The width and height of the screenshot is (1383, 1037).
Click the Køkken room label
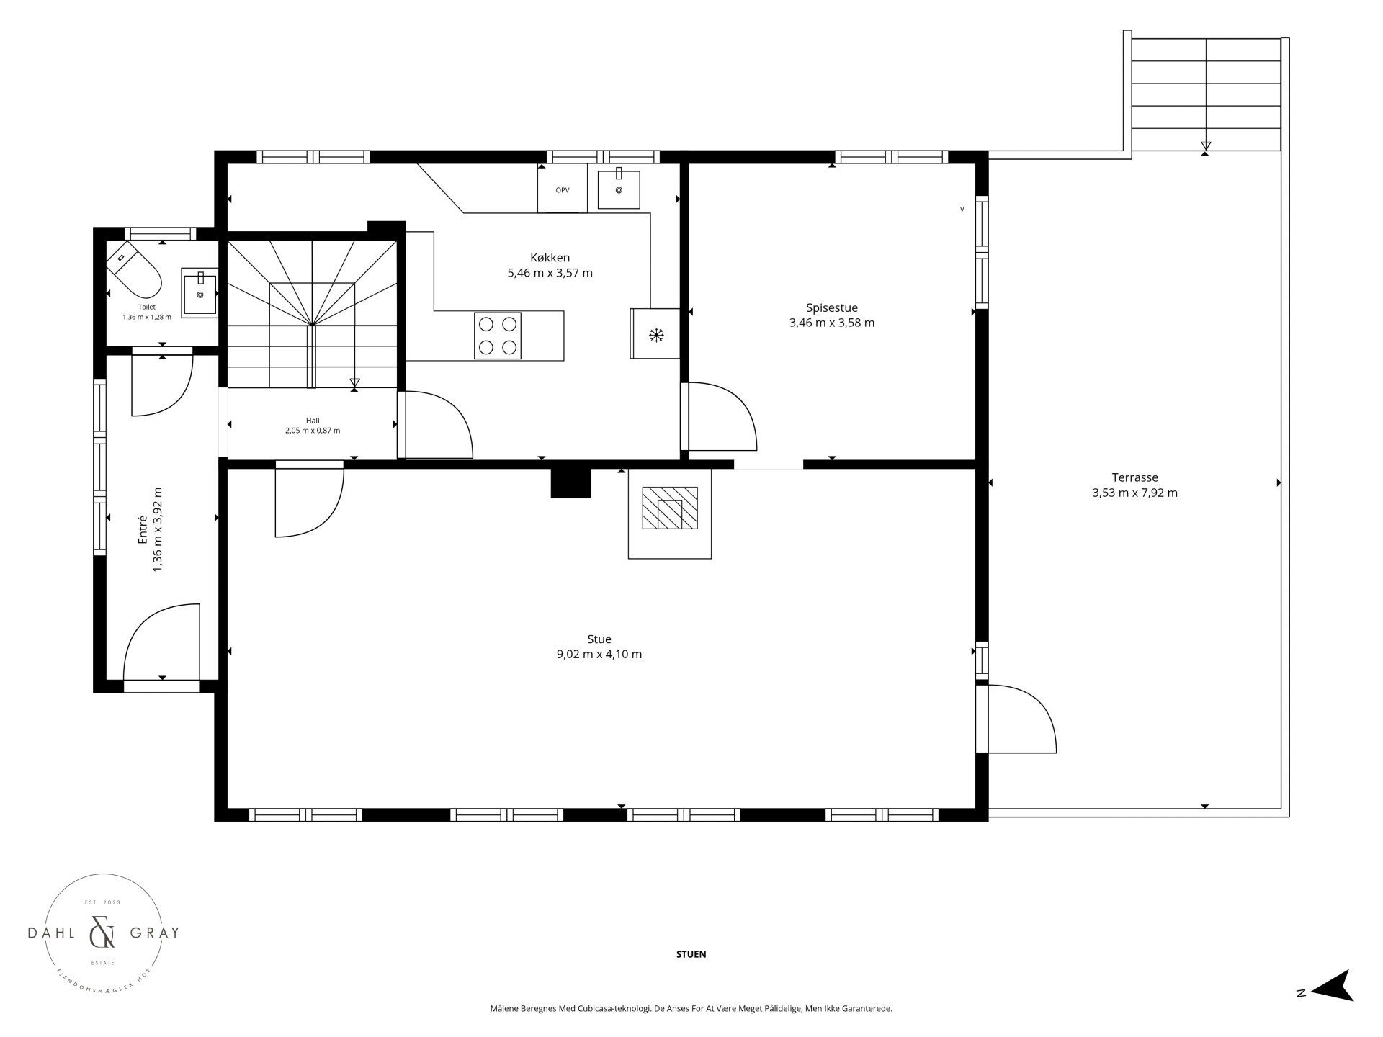(x=550, y=258)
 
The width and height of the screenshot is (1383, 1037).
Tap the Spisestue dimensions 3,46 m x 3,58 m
(x=832, y=323)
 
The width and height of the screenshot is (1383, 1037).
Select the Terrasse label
(x=1134, y=477)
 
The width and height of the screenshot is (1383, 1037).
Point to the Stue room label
(x=599, y=639)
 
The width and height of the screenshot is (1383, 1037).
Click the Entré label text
(x=143, y=529)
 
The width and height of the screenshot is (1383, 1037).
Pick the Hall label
(x=313, y=421)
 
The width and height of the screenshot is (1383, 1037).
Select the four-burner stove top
(x=498, y=336)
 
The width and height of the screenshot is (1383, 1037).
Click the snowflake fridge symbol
(x=655, y=334)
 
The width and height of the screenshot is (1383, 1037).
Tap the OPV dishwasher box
(x=563, y=189)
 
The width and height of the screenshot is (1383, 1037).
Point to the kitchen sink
(x=619, y=188)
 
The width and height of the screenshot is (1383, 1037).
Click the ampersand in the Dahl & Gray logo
(x=102, y=933)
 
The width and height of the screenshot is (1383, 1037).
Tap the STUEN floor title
(x=691, y=954)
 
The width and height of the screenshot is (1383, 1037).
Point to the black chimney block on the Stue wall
(x=570, y=483)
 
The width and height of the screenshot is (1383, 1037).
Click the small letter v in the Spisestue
(x=962, y=210)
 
